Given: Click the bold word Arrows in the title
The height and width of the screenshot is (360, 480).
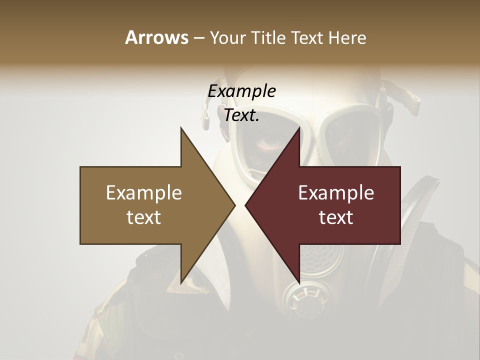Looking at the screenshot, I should (x=156, y=37).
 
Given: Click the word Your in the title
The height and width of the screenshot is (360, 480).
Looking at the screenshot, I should (x=227, y=38).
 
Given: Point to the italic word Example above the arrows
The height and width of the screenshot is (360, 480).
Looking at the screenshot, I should (x=241, y=91).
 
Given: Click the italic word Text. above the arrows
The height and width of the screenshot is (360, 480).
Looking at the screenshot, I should (x=241, y=115).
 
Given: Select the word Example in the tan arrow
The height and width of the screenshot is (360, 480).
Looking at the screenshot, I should (x=144, y=193).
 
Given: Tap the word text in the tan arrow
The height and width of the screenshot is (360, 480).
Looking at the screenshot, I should (x=144, y=217).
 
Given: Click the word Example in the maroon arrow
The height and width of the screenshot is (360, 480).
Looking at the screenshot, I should (x=336, y=193).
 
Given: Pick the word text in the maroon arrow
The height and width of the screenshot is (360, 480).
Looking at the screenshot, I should (x=336, y=217).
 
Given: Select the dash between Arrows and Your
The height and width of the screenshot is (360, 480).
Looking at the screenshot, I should (x=198, y=38).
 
